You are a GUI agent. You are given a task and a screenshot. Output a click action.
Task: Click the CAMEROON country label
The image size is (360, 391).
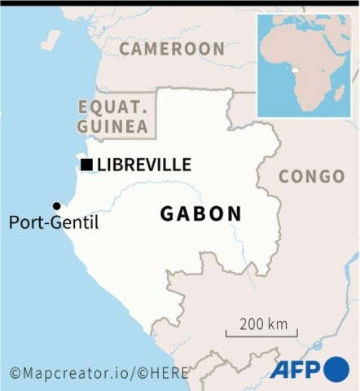point(172,49)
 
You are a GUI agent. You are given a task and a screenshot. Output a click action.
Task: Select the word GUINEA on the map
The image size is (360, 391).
point(113,126)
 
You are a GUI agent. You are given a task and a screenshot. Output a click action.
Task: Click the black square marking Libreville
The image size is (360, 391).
point(86,165)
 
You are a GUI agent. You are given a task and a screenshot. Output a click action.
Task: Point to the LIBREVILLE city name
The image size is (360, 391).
point(144,165)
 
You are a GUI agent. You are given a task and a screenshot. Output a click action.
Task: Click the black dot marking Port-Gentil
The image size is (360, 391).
point(56,206)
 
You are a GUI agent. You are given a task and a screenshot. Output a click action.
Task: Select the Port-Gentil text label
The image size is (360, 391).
point(54,222)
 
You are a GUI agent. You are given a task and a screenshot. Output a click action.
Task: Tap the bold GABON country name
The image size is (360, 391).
point(200,213)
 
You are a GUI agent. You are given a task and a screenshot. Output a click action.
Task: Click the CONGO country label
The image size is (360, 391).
point(311,176)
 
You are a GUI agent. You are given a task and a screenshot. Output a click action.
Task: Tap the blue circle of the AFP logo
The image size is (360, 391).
point(336,369)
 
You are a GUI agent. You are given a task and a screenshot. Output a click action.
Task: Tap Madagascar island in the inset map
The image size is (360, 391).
point(340,92)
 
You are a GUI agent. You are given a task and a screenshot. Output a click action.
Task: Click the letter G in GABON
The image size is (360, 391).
point(168,213)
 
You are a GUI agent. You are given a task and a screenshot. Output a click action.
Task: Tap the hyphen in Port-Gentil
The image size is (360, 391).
point(46,222)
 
